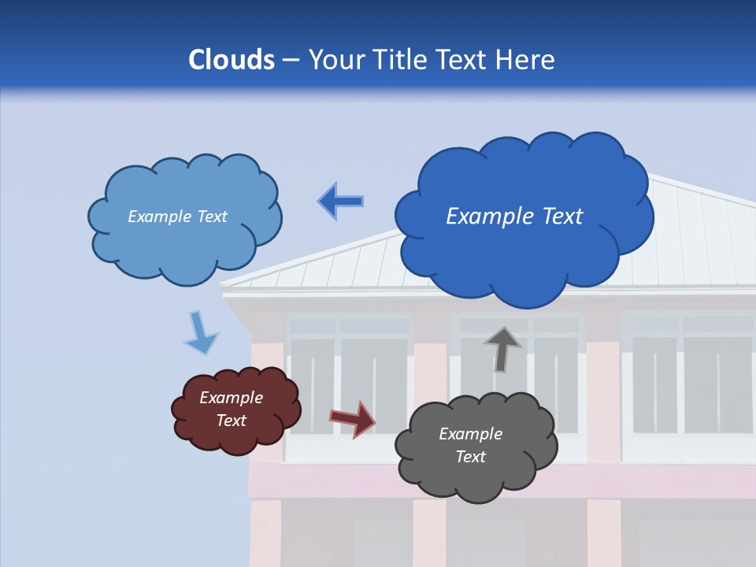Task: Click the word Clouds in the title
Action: (231, 60)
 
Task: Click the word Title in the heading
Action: (400, 60)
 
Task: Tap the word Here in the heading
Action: (526, 60)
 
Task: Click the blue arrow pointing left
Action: (340, 201)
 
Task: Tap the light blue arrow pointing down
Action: (200, 332)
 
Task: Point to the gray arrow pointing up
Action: (502, 349)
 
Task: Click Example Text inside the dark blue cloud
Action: (514, 217)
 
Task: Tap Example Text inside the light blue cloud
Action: (177, 217)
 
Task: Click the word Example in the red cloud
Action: (231, 398)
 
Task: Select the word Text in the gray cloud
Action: (470, 457)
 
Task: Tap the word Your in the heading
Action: (335, 60)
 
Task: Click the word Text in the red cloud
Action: (231, 421)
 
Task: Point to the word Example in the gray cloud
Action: (470, 434)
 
